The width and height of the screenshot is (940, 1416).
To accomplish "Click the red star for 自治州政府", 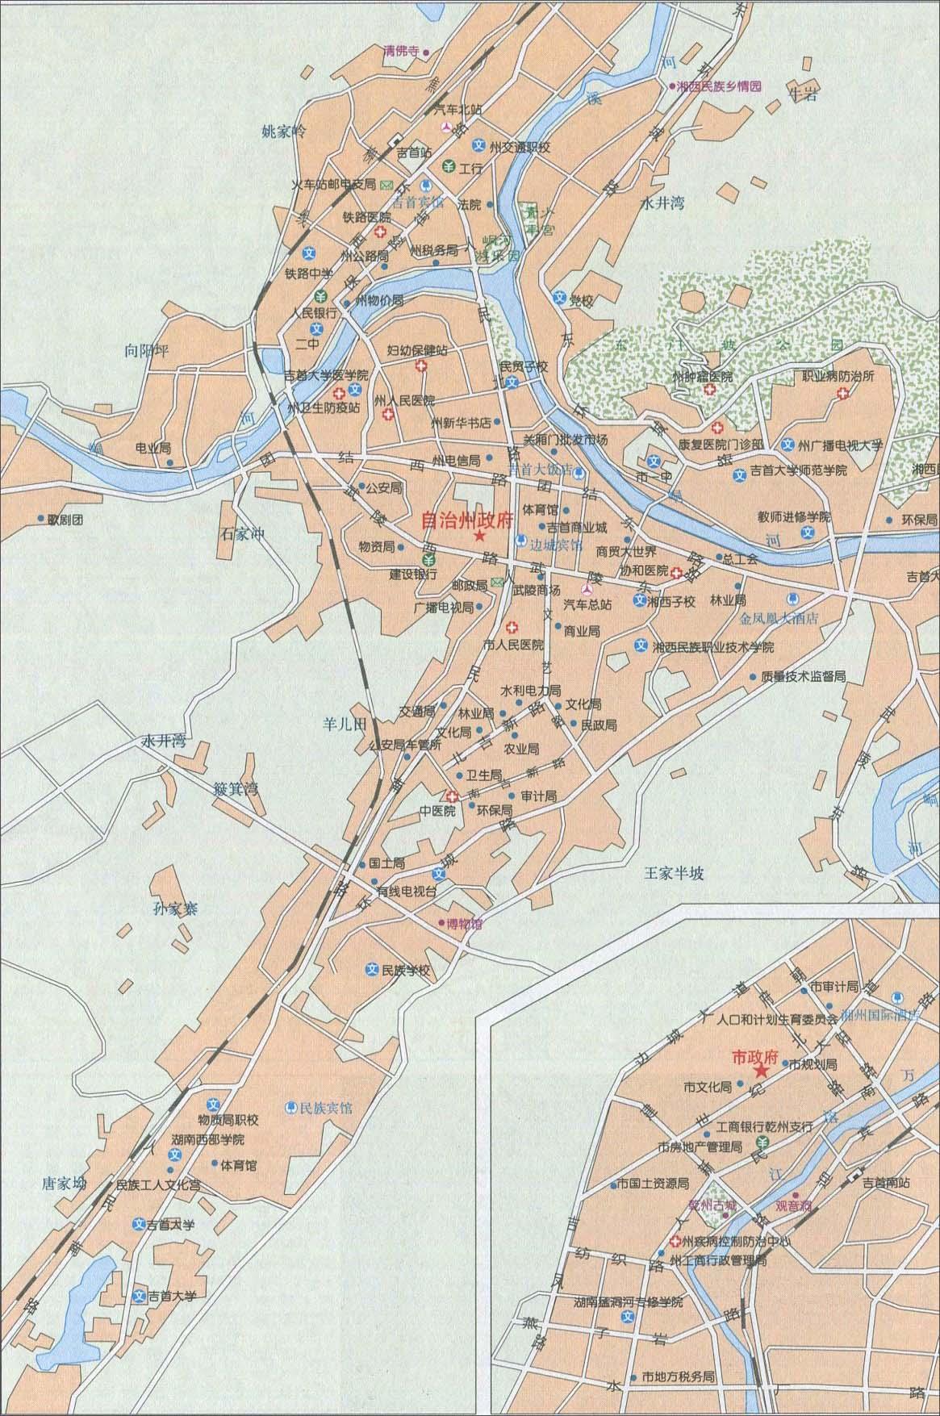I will pyautogui.click(x=479, y=537).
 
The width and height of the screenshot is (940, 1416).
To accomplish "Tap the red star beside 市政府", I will pyautogui.click(x=760, y=1071).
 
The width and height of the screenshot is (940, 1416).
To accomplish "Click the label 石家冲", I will pyautogui.click(x=243, y=533).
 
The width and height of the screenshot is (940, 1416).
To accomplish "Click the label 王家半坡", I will pyautogui.click(x=674, y=872).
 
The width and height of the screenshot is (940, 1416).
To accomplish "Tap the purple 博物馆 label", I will pyautogui.click(x=465, y=923).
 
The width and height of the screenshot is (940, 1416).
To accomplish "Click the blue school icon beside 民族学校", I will pyautogui.click(x=372, y=971).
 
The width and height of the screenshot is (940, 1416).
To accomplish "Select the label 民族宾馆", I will pyautogui.click(x=326, y=1108).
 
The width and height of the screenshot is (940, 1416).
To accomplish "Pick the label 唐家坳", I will pyautogui.click(x=63, y=1184).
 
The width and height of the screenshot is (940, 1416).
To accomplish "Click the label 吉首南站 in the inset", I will pyautogui.click(x=886, y=1183).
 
